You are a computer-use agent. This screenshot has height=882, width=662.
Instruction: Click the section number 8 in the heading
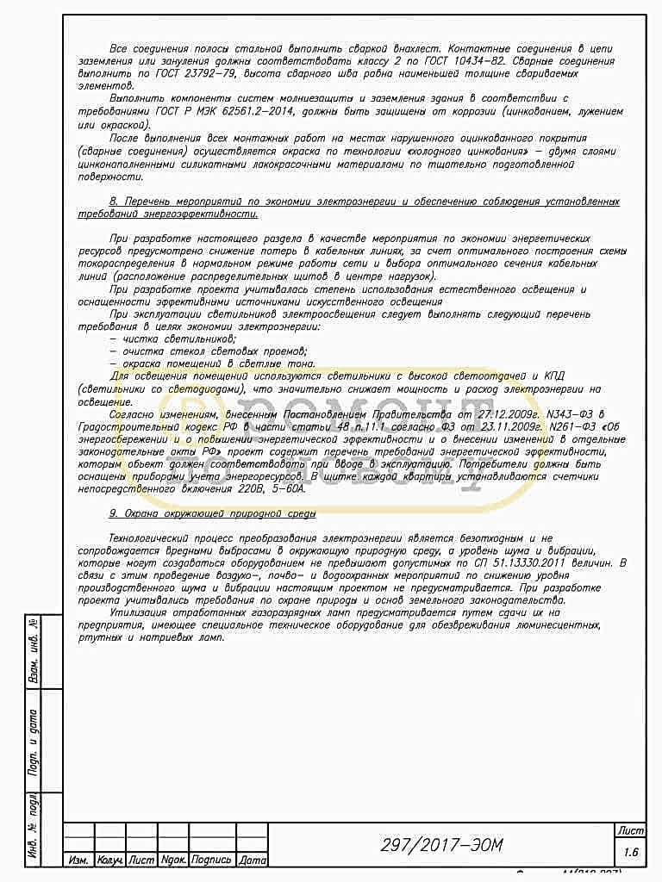point(114,202)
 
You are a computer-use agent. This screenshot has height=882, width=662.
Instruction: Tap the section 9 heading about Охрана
point(213,512)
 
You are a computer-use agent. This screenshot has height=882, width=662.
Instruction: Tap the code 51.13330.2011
point(522,561)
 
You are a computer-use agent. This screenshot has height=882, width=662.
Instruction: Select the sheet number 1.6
point(630,852)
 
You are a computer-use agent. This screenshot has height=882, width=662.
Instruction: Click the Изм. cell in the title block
point(78,860)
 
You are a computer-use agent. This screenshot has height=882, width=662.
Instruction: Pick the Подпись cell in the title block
point(211,860)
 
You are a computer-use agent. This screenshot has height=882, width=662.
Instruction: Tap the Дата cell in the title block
point(252,860)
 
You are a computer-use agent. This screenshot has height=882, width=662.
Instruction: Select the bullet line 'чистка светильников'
point(166,339)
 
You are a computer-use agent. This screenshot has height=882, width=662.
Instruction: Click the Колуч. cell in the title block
point(109,860)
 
